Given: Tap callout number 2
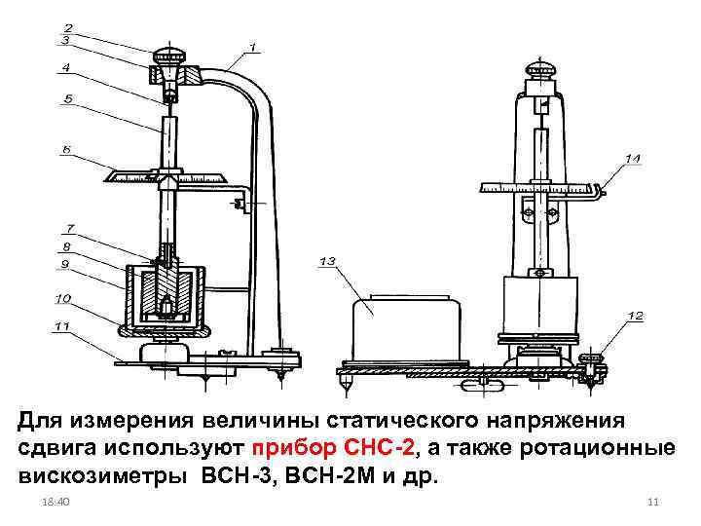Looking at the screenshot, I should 67,26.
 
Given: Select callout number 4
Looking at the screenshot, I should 65,68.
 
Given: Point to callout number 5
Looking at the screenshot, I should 67,98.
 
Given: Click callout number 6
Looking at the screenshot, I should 66,150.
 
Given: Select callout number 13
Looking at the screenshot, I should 326,261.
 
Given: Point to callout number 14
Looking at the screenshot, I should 633,158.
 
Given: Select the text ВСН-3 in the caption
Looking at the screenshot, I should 231,478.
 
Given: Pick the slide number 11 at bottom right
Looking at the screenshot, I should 653,501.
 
